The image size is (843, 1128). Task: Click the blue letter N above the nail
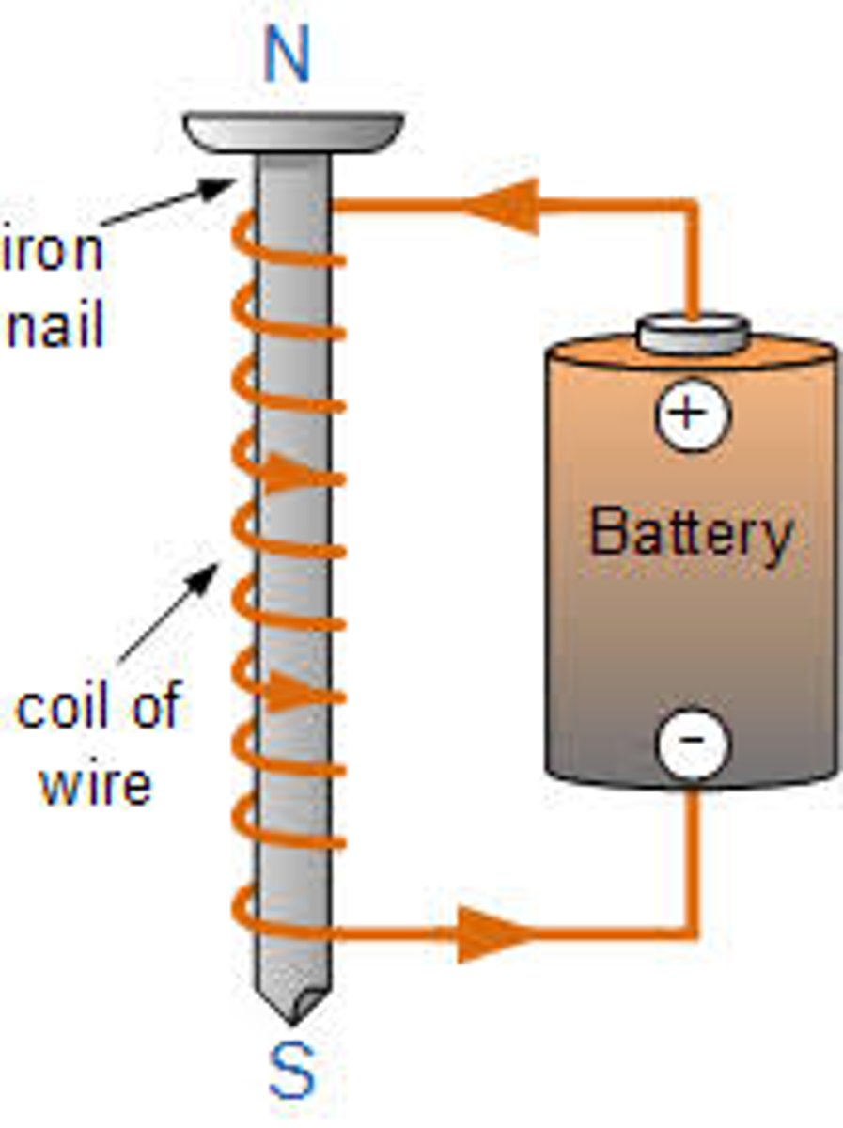pos(287,57)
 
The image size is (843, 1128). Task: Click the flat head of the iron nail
pos(293,131)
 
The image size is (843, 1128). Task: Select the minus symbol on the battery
pos(692,743)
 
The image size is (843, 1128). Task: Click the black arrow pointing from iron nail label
pos(169,202)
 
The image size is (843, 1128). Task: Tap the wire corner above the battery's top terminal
pos(695,205)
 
